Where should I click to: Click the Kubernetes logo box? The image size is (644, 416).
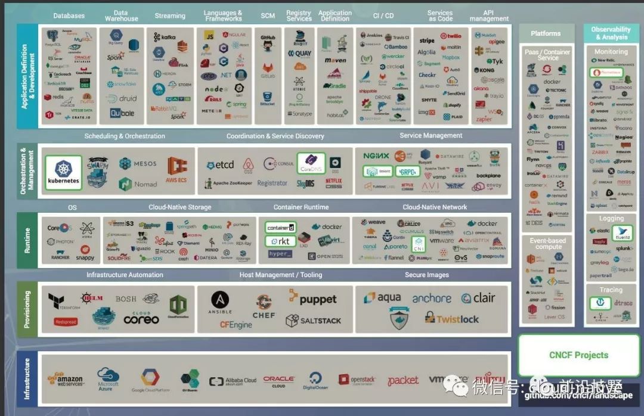tap(64, 172)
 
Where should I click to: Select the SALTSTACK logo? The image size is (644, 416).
tap(314, 321)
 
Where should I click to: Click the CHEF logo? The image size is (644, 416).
tap(264, 306)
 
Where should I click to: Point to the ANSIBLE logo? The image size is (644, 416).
tap(220, 303)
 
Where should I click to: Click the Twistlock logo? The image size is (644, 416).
tap(451, 319)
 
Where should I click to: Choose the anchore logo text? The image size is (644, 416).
tap(432, 298)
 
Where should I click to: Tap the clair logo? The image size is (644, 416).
tap(476, 298)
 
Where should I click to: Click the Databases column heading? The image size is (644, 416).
tap(69, 15)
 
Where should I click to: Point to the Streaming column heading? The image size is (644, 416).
tap(170, 15)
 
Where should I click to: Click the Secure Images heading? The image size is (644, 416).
tap(427, 275)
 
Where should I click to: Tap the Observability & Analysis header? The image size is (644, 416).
tap(611, 33)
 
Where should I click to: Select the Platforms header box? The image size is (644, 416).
tap(546, 33)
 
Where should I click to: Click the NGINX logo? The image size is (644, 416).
tap(376, 156)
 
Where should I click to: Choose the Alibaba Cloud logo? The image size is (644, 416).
tap(233, 381)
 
